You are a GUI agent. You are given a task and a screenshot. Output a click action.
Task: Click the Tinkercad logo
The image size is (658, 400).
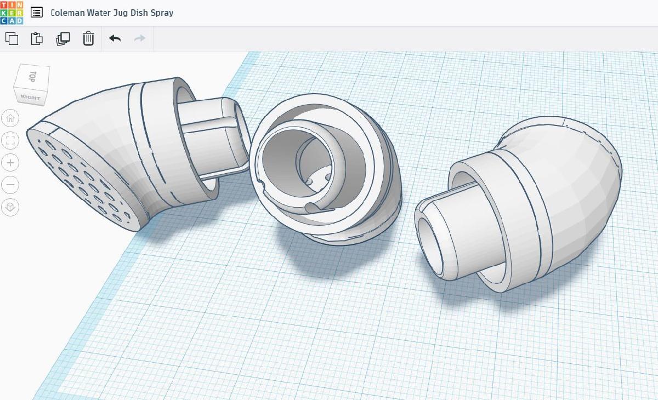tap(12, 13)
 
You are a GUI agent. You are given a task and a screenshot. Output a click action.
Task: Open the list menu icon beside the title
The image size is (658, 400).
tap(37, 13)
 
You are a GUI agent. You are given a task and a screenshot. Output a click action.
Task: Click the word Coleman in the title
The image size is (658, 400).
tap(67, 13)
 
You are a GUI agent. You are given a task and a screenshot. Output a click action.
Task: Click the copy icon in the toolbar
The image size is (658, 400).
tap(12, 38)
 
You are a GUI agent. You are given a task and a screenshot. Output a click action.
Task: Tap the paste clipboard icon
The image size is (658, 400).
tap(37, 38)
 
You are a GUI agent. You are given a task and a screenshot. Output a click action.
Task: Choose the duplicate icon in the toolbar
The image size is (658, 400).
tap(63, 39)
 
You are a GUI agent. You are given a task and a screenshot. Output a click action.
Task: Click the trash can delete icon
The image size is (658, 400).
tap(88, 38)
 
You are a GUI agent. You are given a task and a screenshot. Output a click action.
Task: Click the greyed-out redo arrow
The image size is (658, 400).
tap(140, 38)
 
